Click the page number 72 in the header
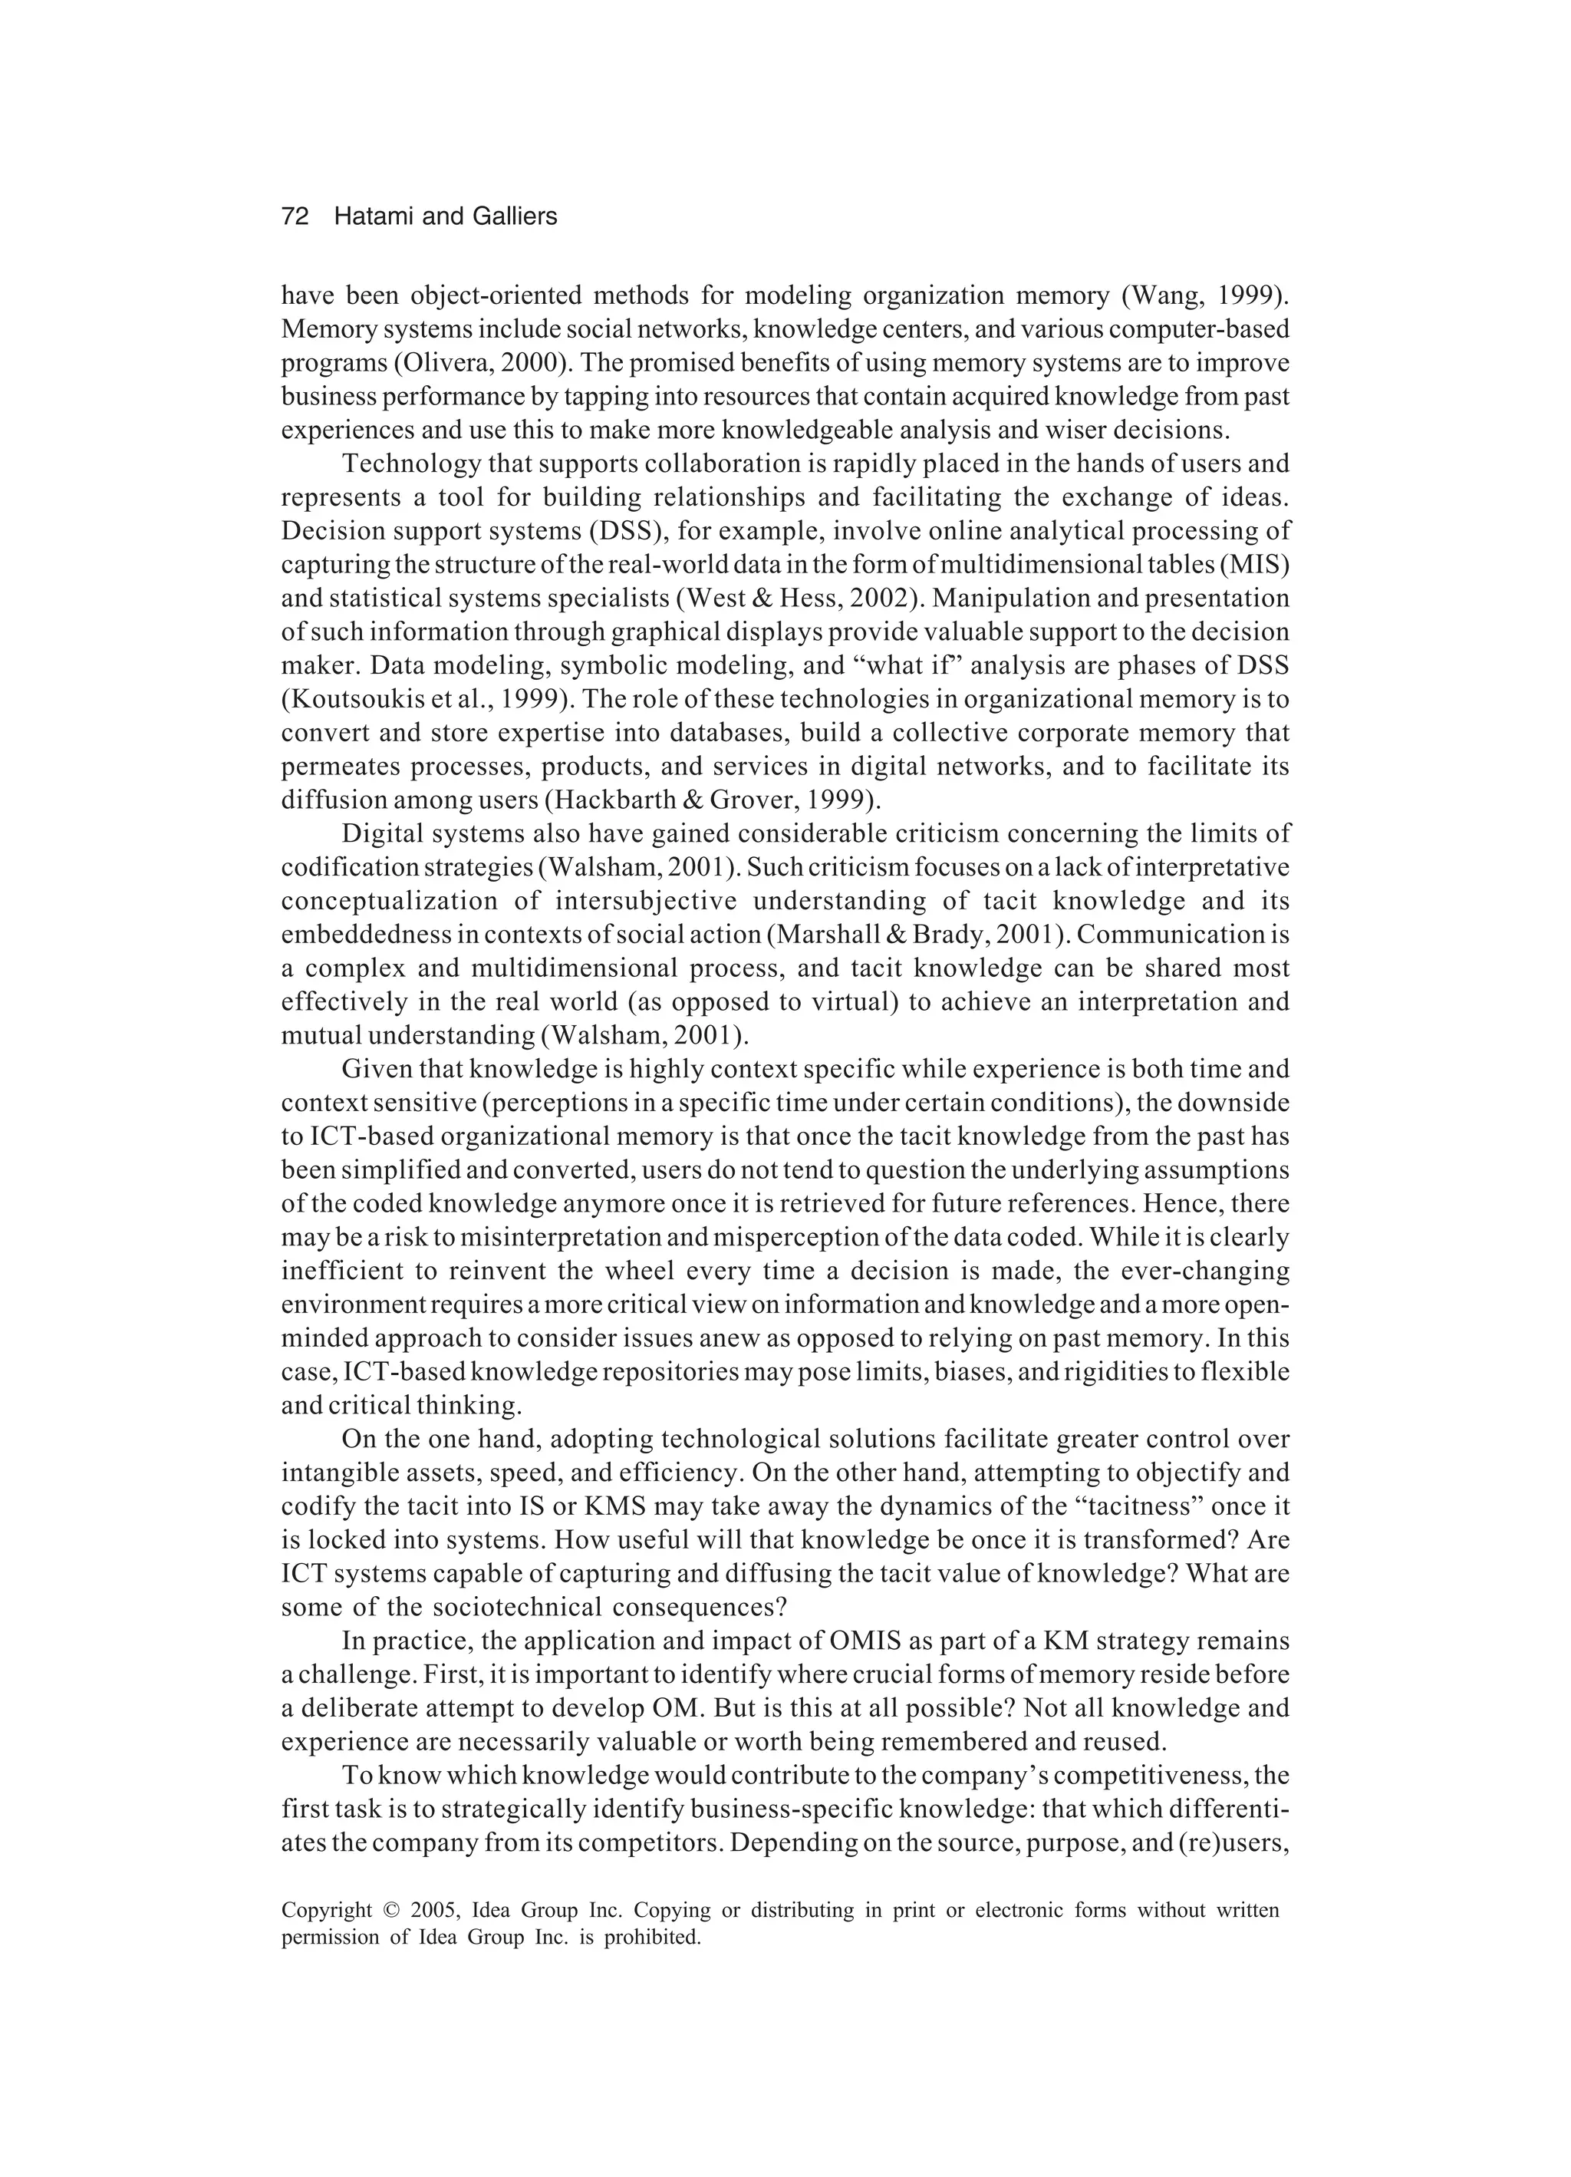(295, 217)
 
